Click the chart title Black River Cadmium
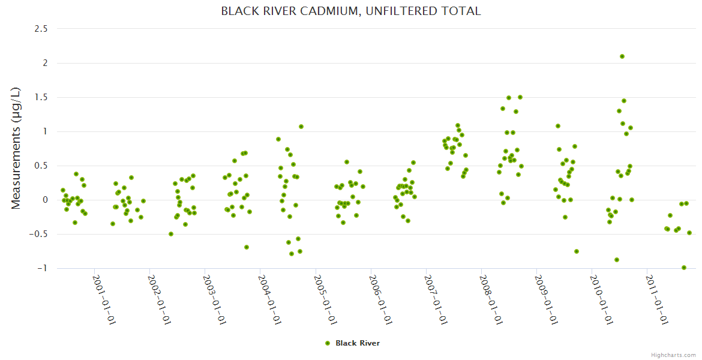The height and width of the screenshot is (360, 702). coord(350,11)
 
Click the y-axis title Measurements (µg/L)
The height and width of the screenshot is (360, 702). coord(16,148)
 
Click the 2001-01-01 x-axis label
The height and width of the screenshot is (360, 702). coord(103,299)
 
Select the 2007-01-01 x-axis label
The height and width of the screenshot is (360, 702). coord(435,299)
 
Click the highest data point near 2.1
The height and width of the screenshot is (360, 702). coord(622,56)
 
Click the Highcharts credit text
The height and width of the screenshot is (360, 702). coord(673,355)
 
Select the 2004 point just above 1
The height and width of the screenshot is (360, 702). coord(301,127)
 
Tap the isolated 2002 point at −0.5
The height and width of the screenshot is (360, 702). coord(171,234)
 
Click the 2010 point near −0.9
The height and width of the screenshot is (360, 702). coord(617,260)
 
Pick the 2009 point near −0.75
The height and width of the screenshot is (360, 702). coord(577,251)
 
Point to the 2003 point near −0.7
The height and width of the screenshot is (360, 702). coord(247,247)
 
